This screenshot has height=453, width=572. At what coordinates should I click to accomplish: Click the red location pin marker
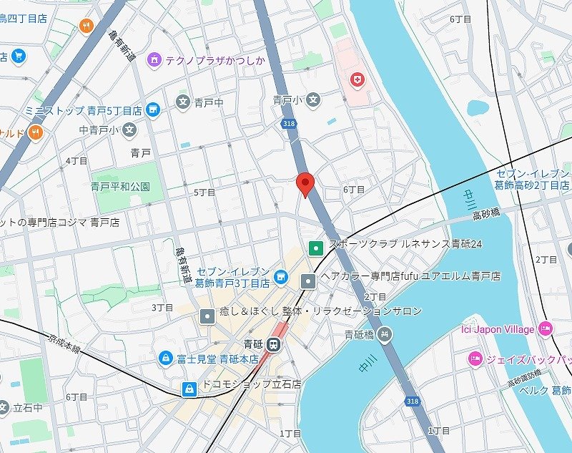click(305, 184)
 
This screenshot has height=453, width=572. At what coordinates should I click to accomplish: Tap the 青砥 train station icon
click(273, 345)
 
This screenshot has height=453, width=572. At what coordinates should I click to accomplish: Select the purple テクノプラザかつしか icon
click(154, 60)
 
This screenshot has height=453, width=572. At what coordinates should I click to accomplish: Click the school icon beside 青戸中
click(183, 102)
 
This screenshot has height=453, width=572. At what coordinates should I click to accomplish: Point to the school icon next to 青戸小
click(312, 101)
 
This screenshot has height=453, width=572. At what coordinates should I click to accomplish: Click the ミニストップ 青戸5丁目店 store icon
click(152, 110)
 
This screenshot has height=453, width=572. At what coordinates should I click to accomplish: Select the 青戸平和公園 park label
click(120, 187)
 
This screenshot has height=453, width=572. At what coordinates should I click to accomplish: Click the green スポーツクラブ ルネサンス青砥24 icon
click(315, 248)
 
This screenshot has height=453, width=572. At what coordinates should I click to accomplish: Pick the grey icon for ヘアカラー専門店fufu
click(307, 280)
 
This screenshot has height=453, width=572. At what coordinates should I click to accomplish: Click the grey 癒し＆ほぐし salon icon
click(207, 315)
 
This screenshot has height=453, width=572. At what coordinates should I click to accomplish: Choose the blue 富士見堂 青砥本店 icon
click(165, 356)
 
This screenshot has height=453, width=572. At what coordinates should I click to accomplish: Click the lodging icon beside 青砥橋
click(385, 334)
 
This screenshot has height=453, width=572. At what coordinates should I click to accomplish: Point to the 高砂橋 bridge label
click(486, 214)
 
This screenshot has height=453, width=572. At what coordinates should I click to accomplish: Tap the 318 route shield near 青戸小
click(288, 124)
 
